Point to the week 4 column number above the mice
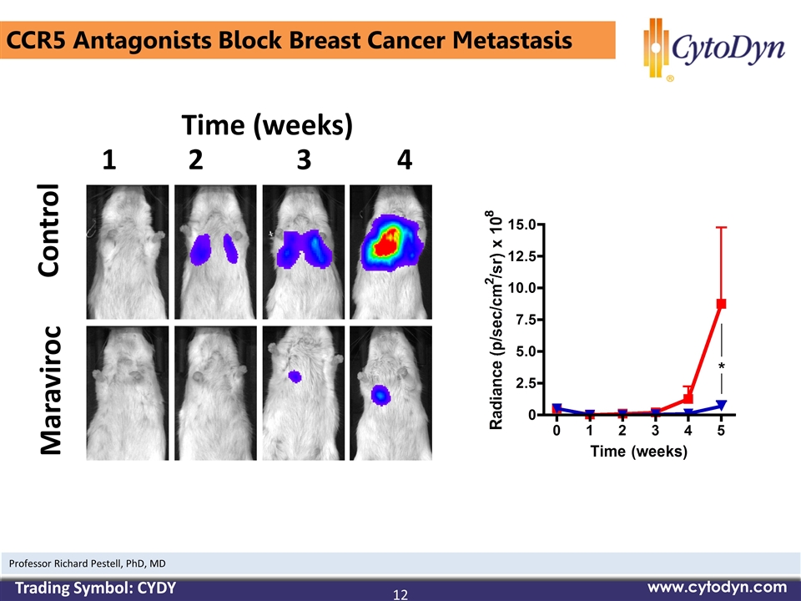click(404, 159)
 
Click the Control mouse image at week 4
click(390, 252)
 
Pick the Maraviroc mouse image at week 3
click(303, 391)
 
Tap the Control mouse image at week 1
click(127, 252)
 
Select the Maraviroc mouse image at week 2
click(214, 391)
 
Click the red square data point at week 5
click(722, 304)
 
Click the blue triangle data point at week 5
click(722, 406)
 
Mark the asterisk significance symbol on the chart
click(722, 366)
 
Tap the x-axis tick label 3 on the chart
click(656, 432)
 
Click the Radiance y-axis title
click(495, 320)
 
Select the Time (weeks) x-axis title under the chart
click(638, 452)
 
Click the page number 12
click(400, 593)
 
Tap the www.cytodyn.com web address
click(717, 586)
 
